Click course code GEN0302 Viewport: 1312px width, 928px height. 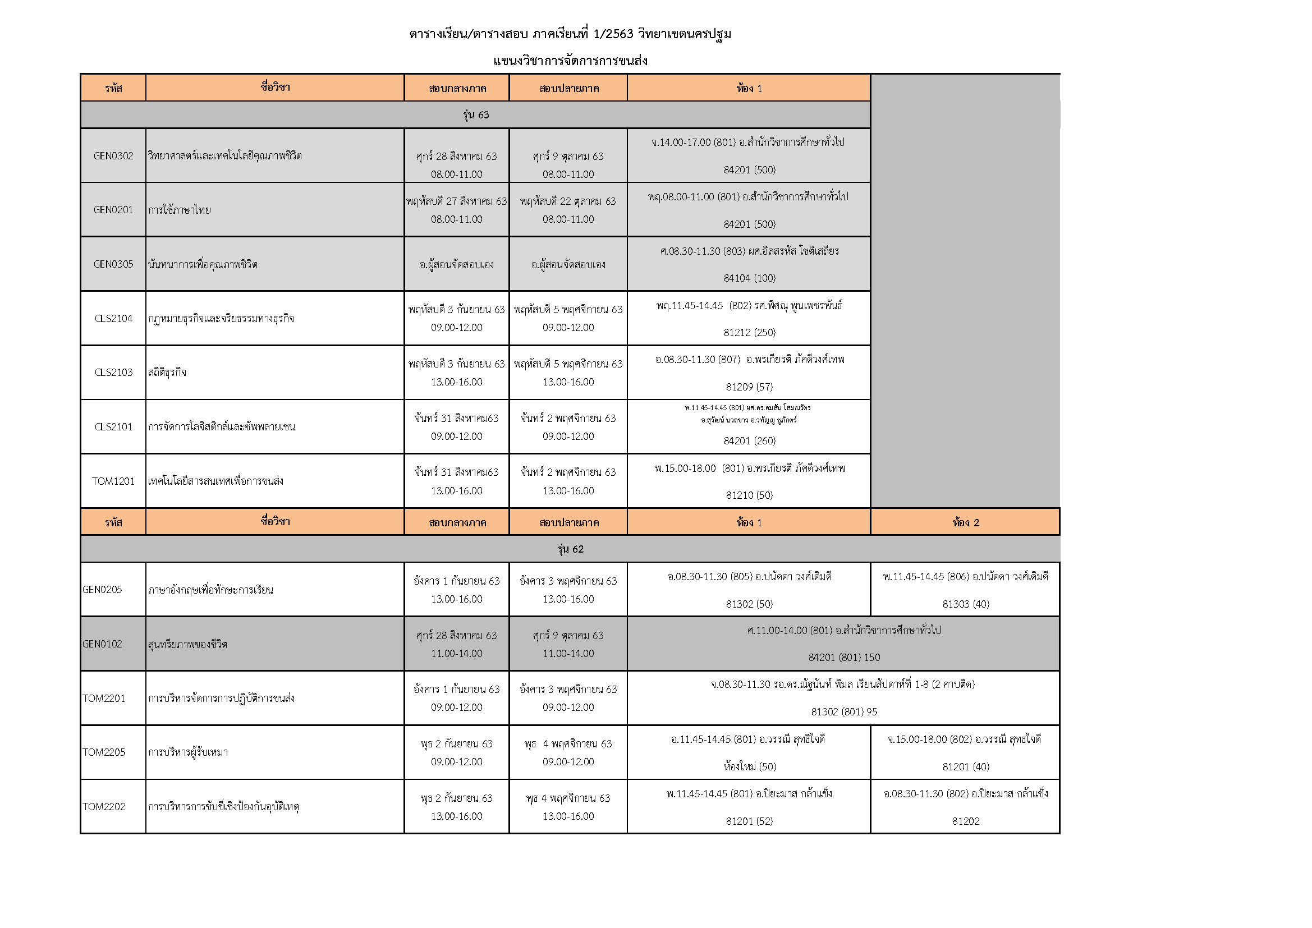(113, 156)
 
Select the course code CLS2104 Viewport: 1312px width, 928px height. (113, 319)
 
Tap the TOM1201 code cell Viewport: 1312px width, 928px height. (113, 481)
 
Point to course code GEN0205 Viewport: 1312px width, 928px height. (102, 590)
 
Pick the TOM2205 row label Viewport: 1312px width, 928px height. (104, 752)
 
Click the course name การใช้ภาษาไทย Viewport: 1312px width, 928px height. (180, 210)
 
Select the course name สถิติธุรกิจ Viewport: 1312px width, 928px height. (167, 373)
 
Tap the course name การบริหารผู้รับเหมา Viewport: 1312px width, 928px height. (188, 752)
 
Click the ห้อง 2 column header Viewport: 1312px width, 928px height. (965, 522)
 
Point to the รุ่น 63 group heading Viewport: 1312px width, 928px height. (475, 115)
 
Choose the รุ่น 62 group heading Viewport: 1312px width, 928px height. (570, 549)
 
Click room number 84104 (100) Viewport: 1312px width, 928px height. (749, 278)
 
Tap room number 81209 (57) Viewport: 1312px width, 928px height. (749, 387)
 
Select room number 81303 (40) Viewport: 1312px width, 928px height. (965, 604)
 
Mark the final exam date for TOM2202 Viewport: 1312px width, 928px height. (568, 798)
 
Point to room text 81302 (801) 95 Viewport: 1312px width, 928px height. (843, 712)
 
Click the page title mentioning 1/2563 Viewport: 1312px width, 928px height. (570, 34)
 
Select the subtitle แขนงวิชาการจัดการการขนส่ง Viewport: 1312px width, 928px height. (570, 61)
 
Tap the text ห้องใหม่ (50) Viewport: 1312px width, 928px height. (749, 767)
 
